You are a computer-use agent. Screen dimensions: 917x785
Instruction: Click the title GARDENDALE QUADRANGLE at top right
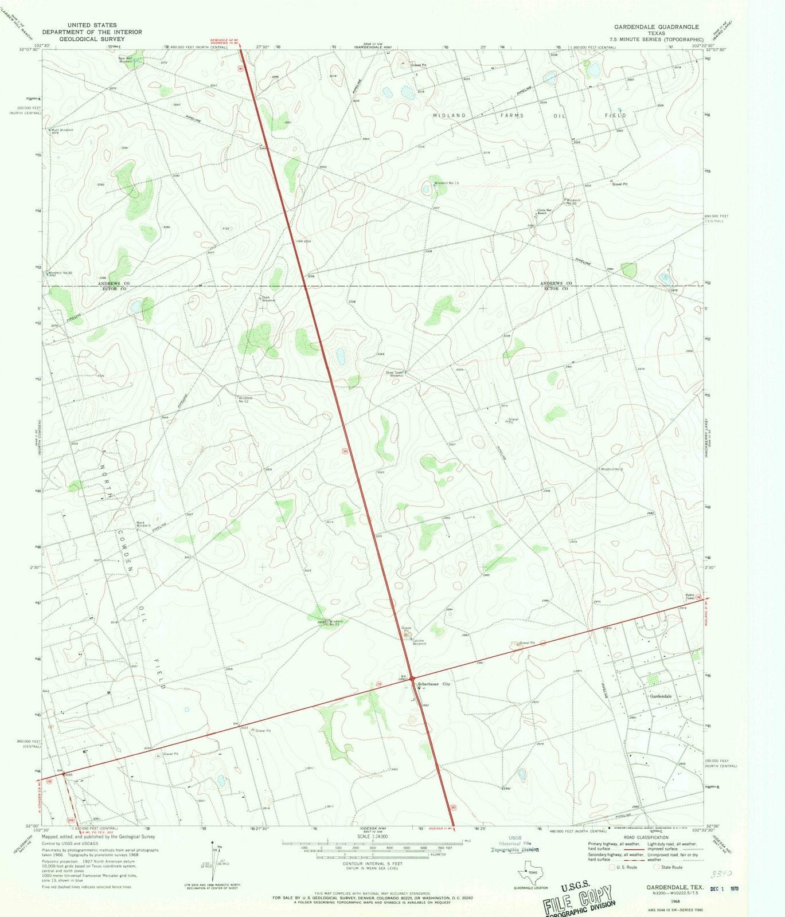point(656,27)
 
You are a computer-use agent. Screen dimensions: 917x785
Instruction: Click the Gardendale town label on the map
point(660,696)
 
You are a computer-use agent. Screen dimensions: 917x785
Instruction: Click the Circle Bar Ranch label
point(545,211)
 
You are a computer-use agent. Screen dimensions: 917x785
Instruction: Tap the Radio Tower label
point(689,597)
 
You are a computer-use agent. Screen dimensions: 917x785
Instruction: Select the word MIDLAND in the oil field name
point(449,115)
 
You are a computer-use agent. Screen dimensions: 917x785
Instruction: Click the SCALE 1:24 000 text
point(372,837)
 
